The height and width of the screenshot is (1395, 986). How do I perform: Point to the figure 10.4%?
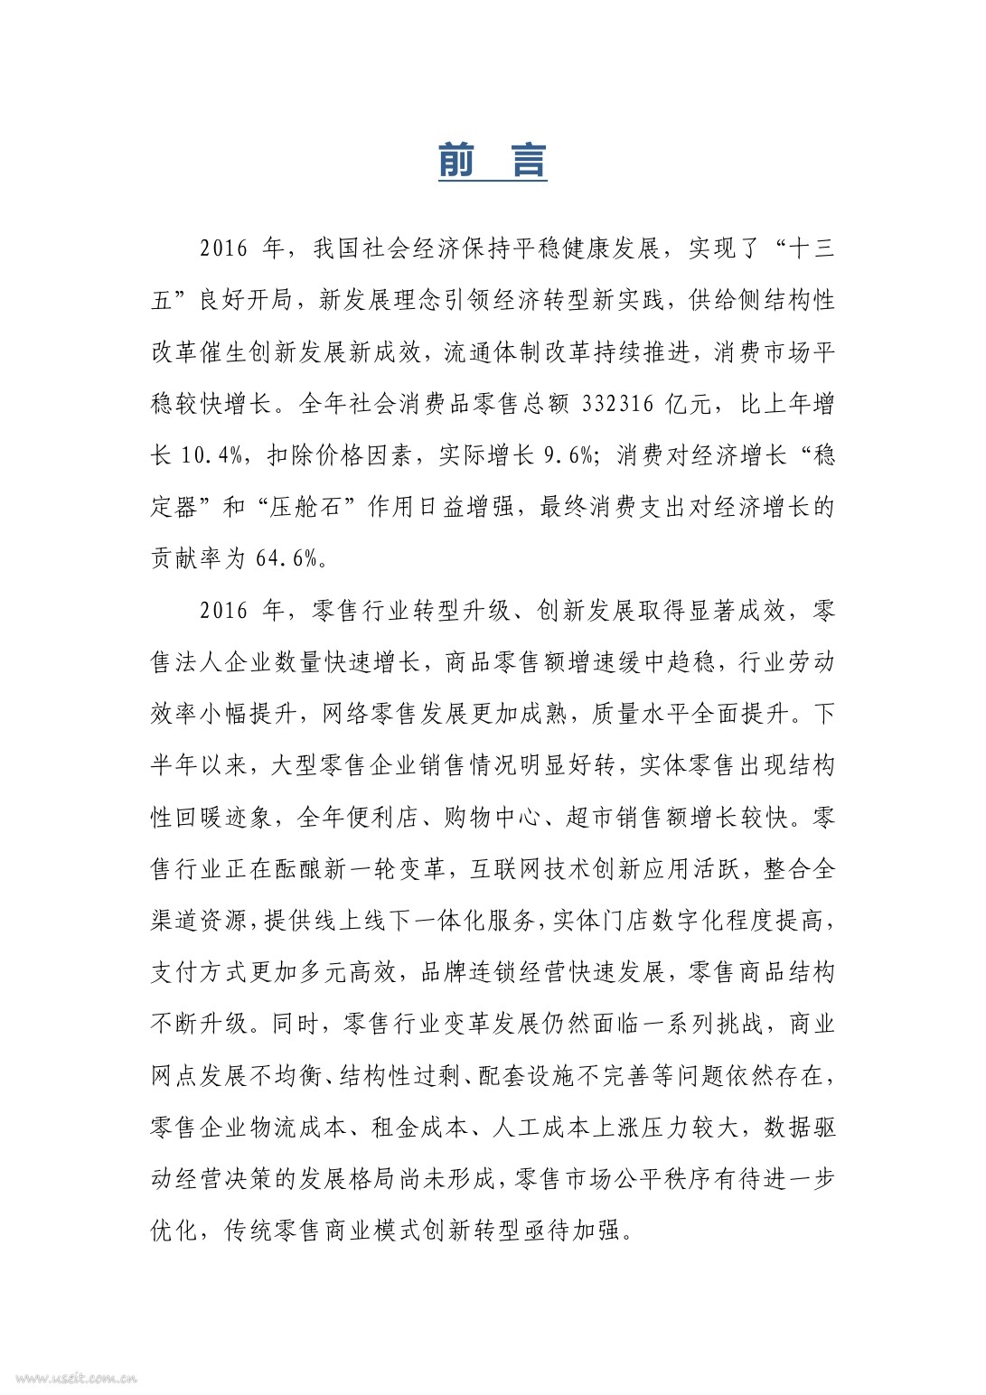211,455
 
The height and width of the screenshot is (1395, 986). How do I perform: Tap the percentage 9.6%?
568,455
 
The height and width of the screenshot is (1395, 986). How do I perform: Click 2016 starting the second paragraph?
223,611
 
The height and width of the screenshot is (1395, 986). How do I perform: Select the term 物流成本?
297,1128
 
